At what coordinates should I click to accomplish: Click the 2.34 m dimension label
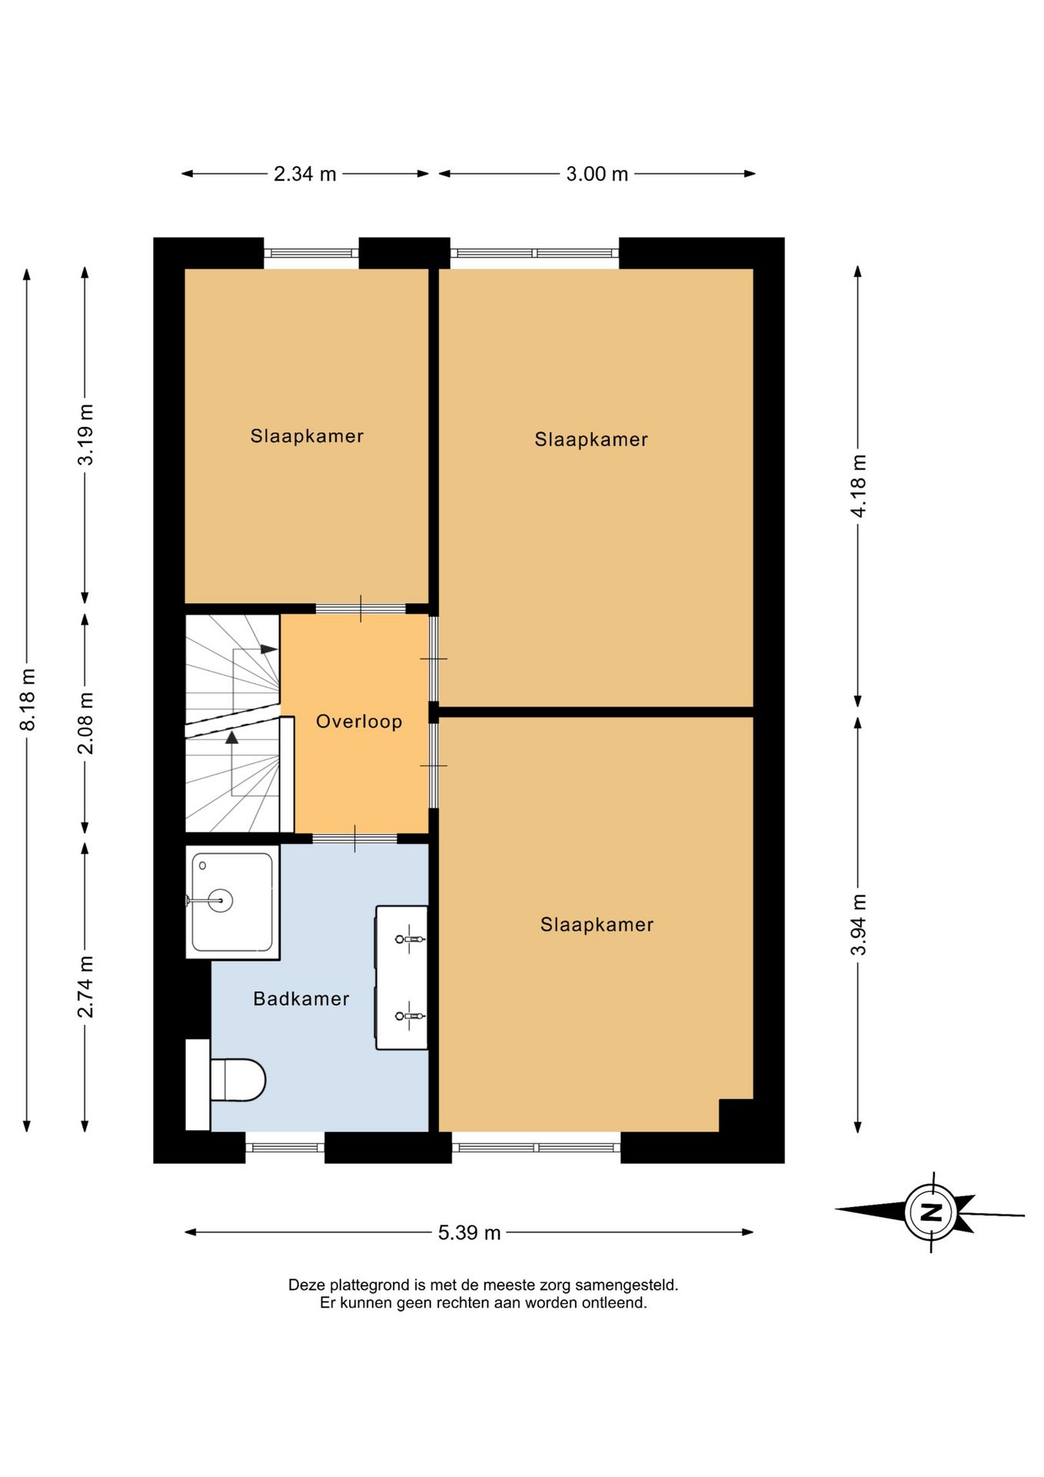tap(305, 174)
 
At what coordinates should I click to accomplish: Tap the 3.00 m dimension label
tap(597, 174)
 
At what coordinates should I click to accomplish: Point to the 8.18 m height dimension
tap(28, 699)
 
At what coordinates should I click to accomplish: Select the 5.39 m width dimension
tap(469, 1232)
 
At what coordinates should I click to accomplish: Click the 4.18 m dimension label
tap(859, 485)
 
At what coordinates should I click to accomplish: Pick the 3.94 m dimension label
tap(859, 924)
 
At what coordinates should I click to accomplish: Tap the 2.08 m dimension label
tap(85, 722)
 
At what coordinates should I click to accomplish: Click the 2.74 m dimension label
tap(85, 986)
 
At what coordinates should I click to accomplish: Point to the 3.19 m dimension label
tap(85, 434)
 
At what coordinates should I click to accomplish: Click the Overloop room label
tap(359, 722)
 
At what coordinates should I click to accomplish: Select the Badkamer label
tap(301, 999)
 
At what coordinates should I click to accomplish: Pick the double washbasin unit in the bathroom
tap(401, 977)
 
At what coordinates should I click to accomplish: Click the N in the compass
tap(931, 1213)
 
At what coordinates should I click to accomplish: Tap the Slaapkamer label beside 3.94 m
tap(597, 925)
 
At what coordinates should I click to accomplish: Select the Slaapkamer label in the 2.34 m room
tap(307, 436)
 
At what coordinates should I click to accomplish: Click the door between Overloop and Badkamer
tap(354, 839)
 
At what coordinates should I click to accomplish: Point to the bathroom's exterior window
tap(285, 1147)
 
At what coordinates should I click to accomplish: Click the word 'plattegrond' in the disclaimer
tap(370, 1285)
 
